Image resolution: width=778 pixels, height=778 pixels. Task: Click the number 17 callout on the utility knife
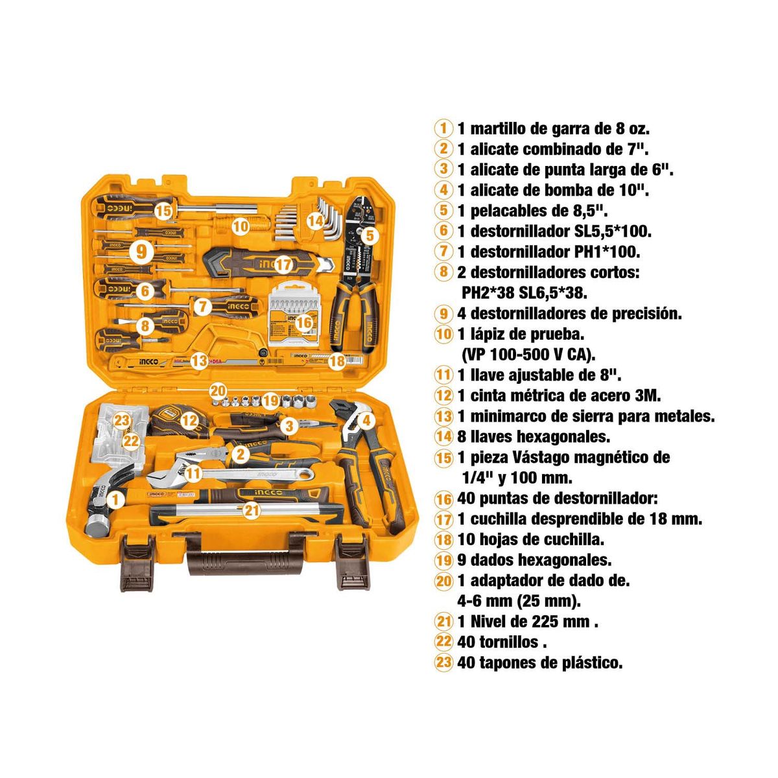283,265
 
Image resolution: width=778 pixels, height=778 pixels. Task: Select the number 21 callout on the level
252,510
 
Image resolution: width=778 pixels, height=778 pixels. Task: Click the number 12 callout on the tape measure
189,420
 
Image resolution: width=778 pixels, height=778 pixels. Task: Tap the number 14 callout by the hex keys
315,220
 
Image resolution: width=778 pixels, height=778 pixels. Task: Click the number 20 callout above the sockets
218,391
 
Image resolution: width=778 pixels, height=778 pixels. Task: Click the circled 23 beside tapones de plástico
443,663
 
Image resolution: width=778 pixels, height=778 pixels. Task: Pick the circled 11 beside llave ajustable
443,375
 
